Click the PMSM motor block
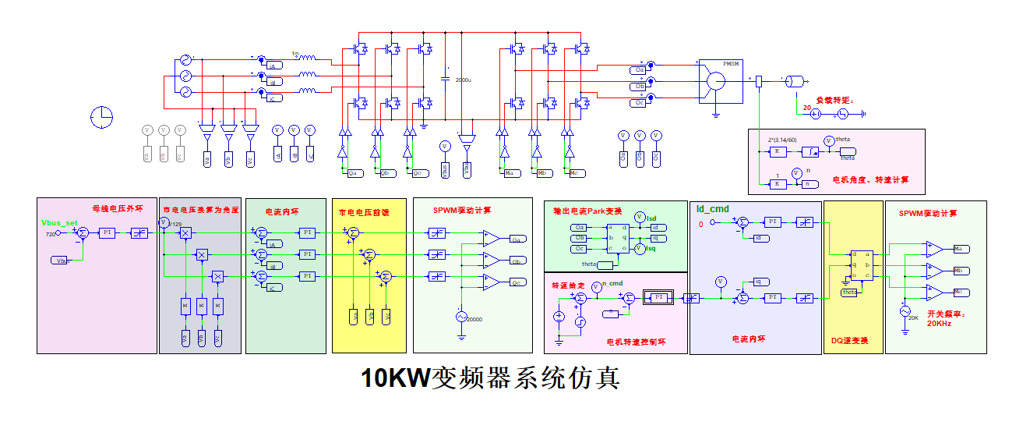pos(714,80)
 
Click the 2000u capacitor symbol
pos(445,79)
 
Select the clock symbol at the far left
pos(101,116)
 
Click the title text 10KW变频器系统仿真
pos(490,378)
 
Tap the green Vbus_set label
pos(59,223)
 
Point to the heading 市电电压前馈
pos(363,211)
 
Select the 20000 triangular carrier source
pos(460,317)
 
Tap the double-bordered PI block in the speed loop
pos(658,297)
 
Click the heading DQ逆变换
pos(851,341)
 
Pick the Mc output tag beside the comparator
pos(960,293)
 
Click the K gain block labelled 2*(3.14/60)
pos(776,151)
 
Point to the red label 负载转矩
pos(834,101)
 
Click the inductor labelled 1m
pos(307,59)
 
